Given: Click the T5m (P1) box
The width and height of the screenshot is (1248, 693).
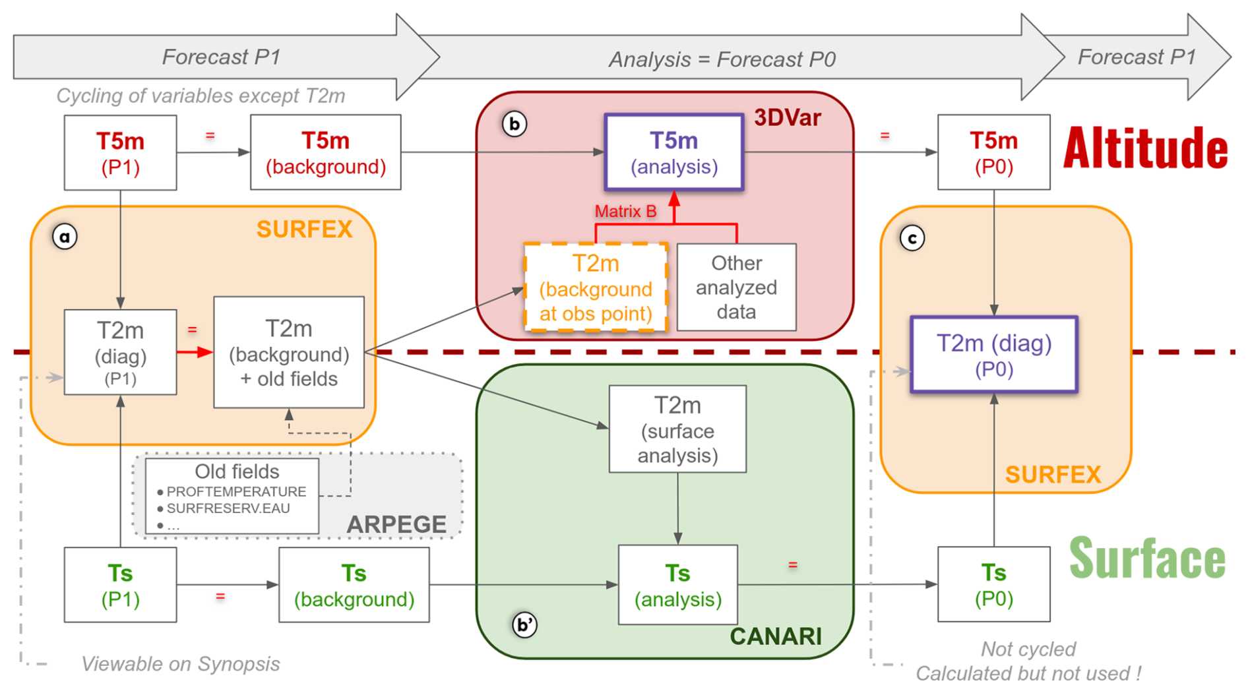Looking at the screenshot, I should (120, 153).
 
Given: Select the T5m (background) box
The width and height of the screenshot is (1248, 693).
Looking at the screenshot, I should (325, 153).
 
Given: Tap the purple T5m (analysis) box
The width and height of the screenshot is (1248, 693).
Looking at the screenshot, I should (673, 153).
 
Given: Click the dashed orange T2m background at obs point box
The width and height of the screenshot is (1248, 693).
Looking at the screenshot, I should (596, 288).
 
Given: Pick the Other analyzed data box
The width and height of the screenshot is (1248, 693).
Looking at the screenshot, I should (736, 287).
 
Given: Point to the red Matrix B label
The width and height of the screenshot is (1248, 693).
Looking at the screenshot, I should (625, 212).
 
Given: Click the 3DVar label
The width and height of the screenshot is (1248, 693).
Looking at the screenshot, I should (787, 118).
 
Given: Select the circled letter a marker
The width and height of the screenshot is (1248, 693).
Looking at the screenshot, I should (65, 237).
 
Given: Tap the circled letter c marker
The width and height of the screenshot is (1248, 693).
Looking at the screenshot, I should (912, 239).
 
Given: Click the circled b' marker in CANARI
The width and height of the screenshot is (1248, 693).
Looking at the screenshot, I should (524, 624).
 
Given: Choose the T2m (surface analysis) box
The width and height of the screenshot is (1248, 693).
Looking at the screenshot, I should (677, 429).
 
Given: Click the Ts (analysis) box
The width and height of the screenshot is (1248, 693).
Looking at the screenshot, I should (677, 586).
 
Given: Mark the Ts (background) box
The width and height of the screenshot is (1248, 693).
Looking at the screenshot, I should (354, 586).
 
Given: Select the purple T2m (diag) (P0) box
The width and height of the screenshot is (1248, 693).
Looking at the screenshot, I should (993, 355).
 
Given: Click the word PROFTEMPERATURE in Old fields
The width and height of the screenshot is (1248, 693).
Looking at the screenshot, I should (236, 492).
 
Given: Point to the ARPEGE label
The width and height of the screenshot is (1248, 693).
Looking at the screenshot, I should (396, 524).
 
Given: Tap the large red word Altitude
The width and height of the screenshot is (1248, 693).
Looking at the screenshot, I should (1145, 149).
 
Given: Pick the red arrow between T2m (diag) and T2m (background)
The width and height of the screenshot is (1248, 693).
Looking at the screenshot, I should (195, 353).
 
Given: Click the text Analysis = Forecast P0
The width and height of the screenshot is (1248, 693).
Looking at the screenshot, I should (722, 60).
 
